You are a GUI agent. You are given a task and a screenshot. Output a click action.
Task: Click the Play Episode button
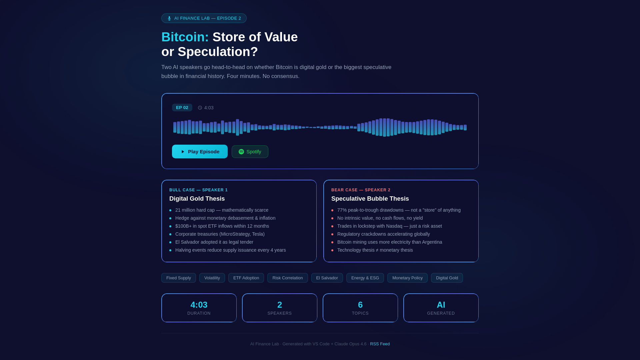click(x=200, y=152)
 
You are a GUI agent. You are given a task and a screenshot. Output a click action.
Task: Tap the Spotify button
click(x=250, y=152)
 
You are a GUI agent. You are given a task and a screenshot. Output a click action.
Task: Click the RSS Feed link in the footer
click(x=380, y=344)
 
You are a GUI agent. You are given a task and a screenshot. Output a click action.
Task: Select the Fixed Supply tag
click(x=179, y=278)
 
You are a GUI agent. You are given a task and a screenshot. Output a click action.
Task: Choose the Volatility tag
click(x=212, y=278)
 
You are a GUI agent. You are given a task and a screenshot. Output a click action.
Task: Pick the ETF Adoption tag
click(x=246, y=278)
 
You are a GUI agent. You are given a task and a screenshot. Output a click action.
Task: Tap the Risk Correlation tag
click(x=287, y=278)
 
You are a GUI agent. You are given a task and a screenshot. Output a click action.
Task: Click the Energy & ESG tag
click(x=365, y=278)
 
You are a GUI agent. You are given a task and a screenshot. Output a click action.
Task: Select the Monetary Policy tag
click(x=407, y=278)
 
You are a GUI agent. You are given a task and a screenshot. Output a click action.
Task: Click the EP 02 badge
click(x=182, y=108)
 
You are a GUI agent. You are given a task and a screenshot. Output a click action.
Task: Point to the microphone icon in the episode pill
click(x=169, y=18)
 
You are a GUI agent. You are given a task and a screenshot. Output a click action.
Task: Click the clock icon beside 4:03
click(x=200, y=108)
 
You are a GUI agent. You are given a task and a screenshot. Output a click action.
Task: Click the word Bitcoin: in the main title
click(x=185, y=37)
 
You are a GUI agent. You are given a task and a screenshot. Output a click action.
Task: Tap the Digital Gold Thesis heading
click(x=197, y=199)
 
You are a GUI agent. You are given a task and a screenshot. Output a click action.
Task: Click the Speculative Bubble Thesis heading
click(x=370, y=199)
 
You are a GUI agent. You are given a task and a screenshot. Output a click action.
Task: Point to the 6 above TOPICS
click(x=360, y=305)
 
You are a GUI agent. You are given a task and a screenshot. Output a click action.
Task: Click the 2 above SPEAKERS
click(x=280, y=305)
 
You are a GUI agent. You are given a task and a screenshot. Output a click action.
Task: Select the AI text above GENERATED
click(x=441, y=305)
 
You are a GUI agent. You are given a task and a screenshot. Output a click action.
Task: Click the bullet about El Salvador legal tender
click(x=214, y=242)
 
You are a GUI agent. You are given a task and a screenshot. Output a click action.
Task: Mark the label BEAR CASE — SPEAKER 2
click(x=361, y=190)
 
